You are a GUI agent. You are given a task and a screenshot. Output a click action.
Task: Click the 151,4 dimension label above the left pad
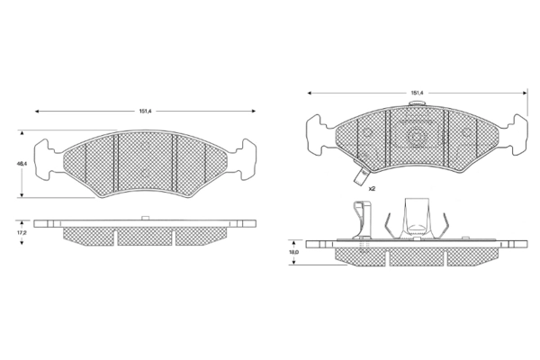click(144, 111)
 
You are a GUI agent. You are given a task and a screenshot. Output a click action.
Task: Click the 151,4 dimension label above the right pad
click(417, 92)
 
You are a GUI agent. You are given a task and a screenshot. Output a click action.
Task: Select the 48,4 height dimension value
click(21, 164)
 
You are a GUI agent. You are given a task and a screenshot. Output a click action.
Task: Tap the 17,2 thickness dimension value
click(21, 232)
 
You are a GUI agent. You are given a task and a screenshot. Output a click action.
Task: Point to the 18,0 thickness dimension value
click(293, 254)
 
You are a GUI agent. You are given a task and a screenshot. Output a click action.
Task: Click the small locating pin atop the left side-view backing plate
click(145, 217)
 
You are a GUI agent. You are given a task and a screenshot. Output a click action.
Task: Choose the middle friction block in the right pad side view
click(416, 257)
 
